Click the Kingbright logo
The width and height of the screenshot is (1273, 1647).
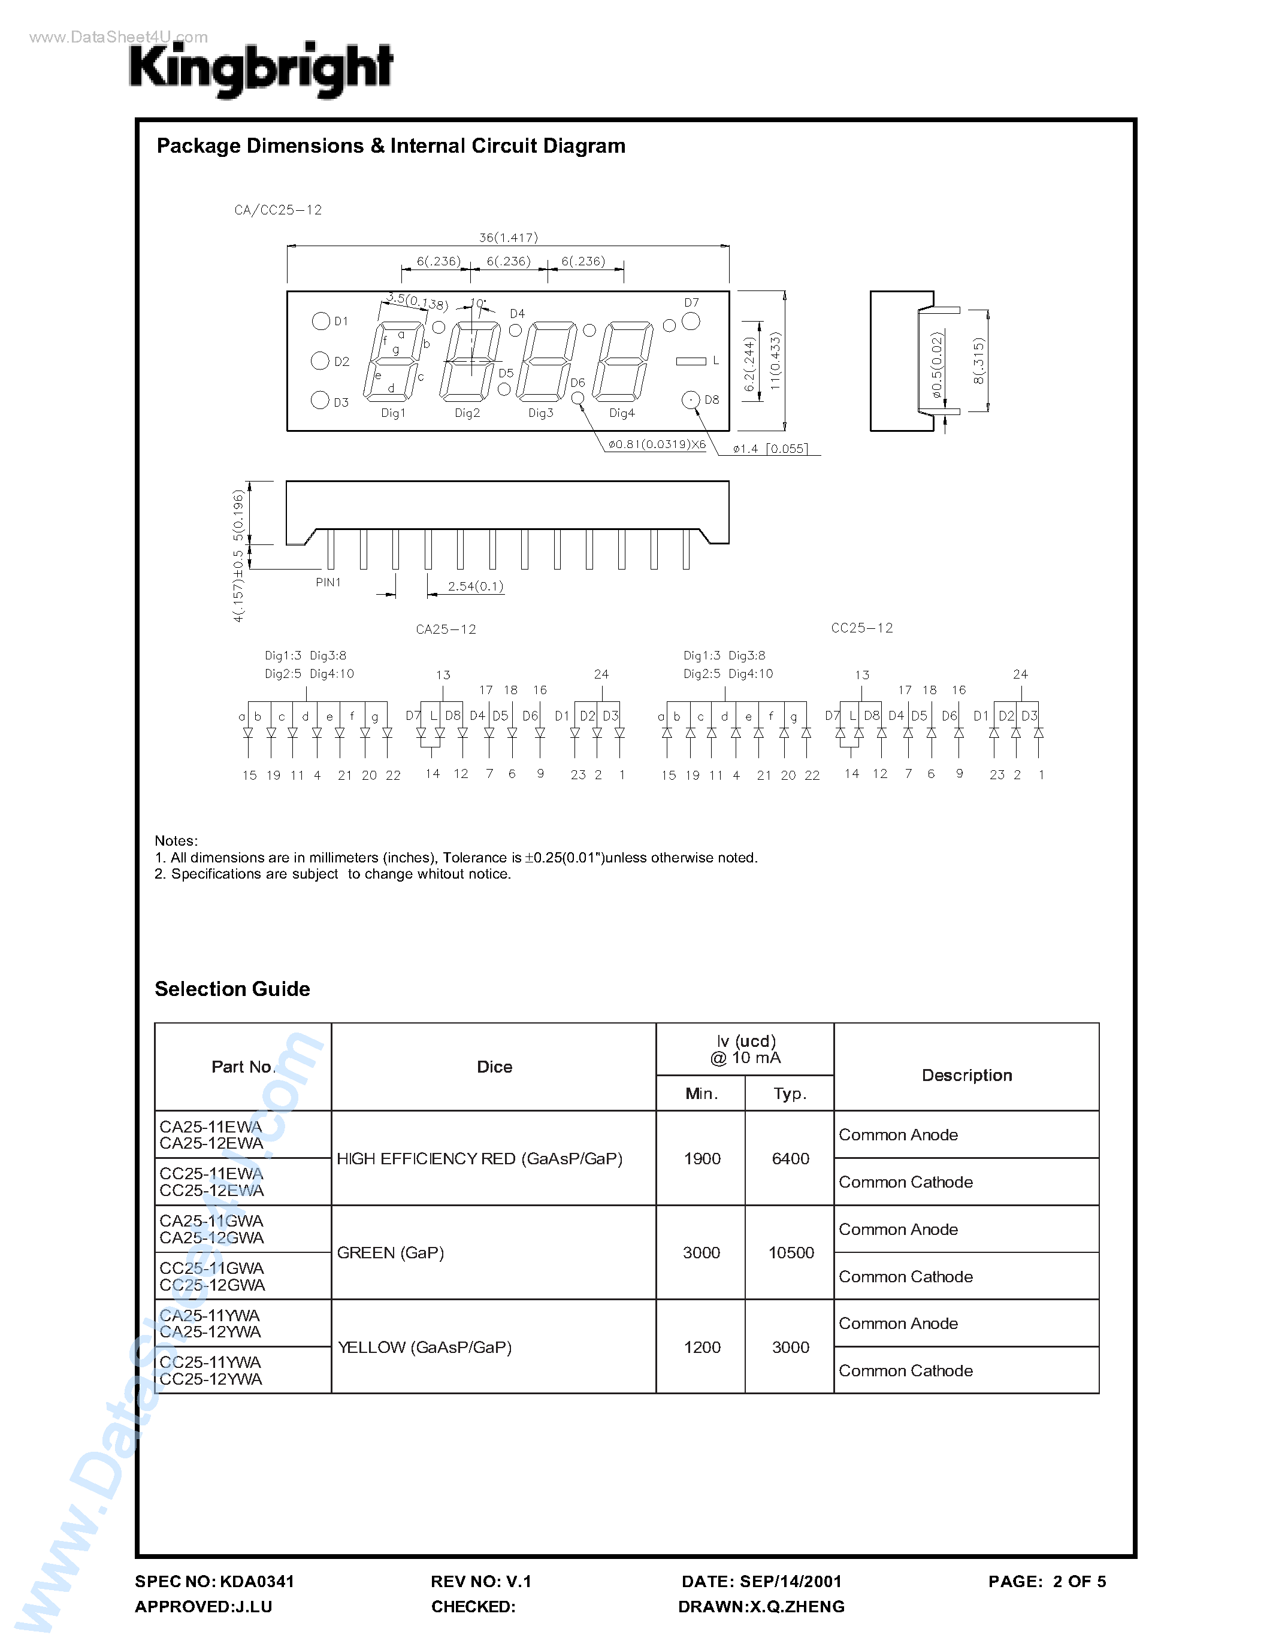click(x=261, y=69)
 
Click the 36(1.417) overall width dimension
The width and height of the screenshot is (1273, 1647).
click(x=508, y=238)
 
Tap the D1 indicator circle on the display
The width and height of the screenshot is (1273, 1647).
click(x=320, y=321)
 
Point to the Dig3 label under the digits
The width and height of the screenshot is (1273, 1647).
click(x=541, y=413)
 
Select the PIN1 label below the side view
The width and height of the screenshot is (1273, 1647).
click(x=328, y=582)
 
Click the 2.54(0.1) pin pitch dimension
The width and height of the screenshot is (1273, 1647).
click(x=475, y=586)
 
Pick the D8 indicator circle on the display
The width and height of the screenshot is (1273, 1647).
click(x=691, y=399)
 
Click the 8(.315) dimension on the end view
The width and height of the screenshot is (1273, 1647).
click(x=978, y=361)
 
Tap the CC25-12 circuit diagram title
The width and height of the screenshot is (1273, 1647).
click(x=861, y=628)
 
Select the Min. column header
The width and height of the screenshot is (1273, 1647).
click(x=701, y=1094)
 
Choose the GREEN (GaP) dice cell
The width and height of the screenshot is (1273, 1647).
click(x=391, y=1252)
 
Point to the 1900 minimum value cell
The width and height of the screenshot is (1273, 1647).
click(x=702, y=1158)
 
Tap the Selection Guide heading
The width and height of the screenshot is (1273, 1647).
click(x=232, y=989)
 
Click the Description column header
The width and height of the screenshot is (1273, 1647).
click(x=967, y=1076)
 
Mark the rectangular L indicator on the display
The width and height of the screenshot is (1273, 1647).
click(x=691, y=361)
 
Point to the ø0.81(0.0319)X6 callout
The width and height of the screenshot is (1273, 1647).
click(x=657, y=444)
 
